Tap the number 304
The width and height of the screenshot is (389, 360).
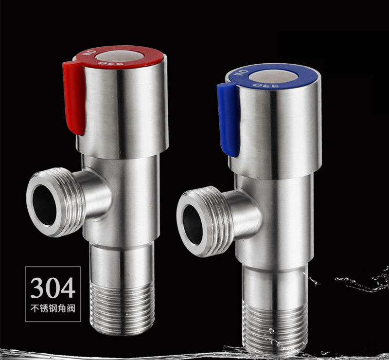(53, 288)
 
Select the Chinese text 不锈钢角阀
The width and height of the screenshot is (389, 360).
(53, 308)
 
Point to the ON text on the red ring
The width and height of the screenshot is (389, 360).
(91, 54)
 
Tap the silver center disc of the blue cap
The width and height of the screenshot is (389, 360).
(273, 76)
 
